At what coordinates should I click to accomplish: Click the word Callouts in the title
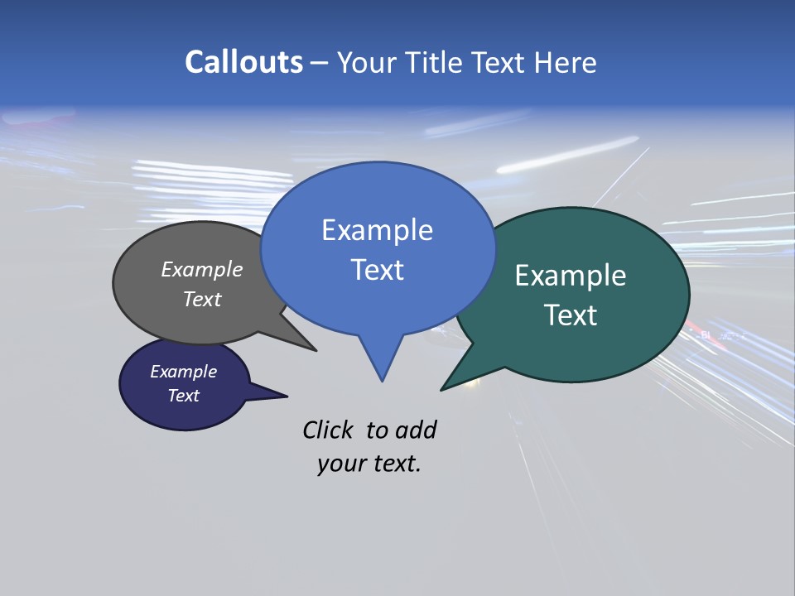[x=243, y=62]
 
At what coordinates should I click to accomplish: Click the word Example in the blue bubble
[x=377, y=230]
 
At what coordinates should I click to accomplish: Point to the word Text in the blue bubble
[x=377, y=270]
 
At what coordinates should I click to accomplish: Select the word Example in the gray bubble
[x=202, y=270]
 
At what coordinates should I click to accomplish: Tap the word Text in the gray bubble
[x=202, y=299]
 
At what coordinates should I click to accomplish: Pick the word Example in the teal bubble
[x=571, y=276]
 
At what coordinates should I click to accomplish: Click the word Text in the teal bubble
[x=571, y=315]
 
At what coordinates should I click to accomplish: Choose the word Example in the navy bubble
[x=183, y=372]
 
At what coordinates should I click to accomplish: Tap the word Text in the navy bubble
[x=183, y=396]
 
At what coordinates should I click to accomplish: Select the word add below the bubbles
[x=417, y=430]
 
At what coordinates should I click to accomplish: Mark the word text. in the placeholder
[x=394, y=464]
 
